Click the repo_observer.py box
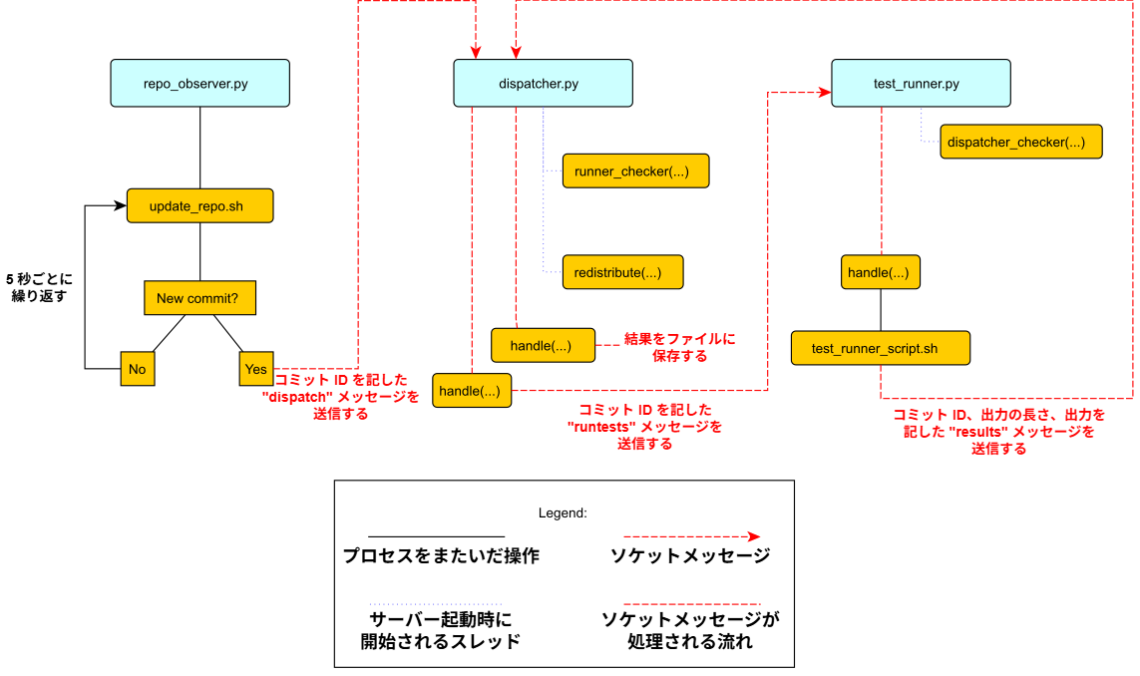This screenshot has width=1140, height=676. click(x=199, y=83)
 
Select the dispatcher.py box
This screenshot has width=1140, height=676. click(x=543, y=83)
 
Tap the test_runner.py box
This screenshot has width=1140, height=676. click(x=921, y=83)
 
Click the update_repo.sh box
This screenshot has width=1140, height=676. click(x=199, y=206)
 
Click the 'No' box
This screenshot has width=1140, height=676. click(x=137, y=368)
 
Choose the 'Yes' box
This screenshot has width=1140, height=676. click(x=256, y=368)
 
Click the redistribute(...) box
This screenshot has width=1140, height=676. click(x=622, y=272)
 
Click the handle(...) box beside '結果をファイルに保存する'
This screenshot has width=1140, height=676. click(x=543, y=345)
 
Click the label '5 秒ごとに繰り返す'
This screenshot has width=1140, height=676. click(x=39, y=287)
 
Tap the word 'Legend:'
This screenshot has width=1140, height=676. click(x=563, y=512)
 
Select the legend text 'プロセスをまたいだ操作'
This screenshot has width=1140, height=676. click(x=441, y=556)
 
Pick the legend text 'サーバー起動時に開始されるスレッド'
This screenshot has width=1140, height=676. click(x=441, y=630)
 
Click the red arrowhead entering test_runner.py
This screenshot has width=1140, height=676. click(x=825, y=93)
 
